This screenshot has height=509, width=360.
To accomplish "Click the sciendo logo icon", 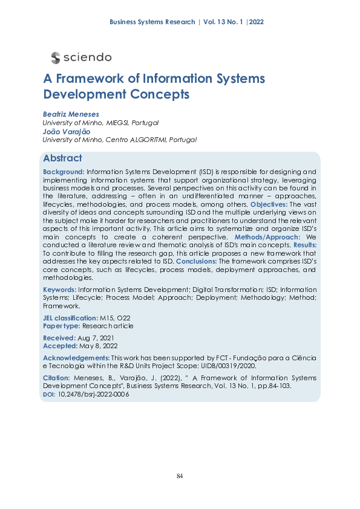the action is click(56, 57).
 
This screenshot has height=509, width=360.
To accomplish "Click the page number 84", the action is click(180, 477).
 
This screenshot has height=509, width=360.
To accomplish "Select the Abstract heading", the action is click(62, 158).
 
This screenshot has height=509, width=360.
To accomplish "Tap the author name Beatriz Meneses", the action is click(71, 114).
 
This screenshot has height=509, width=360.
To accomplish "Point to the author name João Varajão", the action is click(67, 131).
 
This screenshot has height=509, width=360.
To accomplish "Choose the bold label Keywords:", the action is click(60, 290).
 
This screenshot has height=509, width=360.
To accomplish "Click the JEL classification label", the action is click(70, 318).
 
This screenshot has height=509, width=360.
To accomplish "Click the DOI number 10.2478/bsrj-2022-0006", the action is click(93, 394).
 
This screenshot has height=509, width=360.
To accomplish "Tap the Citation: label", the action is click(57, 378).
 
